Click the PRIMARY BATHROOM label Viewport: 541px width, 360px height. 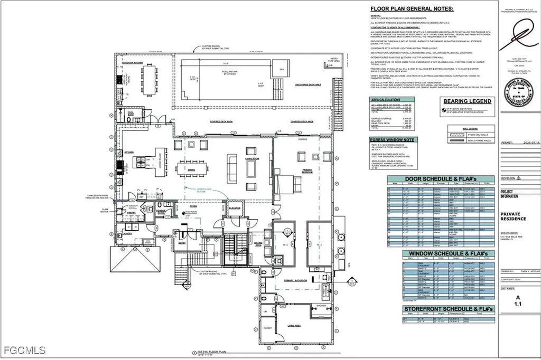[x=295, y=280]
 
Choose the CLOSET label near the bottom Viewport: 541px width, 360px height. [x=267, y=328]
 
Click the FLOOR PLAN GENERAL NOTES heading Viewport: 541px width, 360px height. [x=412, y=9]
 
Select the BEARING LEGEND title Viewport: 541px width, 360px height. [x=467, y=101]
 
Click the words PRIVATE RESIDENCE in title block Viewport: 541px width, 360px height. [x=513, y=216]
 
